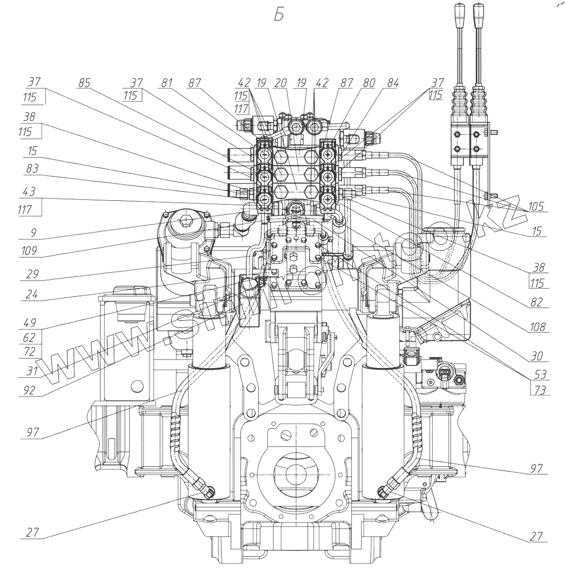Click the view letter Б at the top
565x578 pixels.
pos(279,16)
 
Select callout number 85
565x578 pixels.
pos(85,83)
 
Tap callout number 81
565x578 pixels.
pos(167,83)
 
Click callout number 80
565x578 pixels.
pos(369,83)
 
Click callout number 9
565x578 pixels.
pos(32,233)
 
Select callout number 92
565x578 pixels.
pos(30,390)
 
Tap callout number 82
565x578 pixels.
pos(537,302)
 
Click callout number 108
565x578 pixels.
pos(537,328)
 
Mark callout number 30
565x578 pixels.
pos(537,356)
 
